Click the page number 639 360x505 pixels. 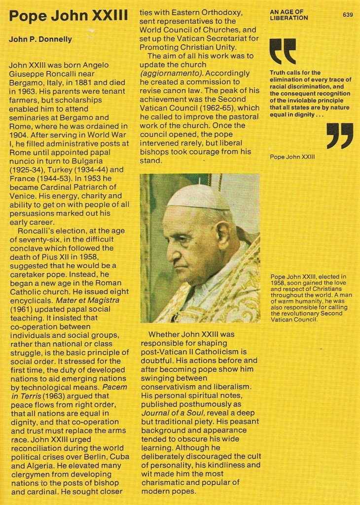[348, 14]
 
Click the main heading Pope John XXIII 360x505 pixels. [68, 16]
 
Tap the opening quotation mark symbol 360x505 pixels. [283, 51]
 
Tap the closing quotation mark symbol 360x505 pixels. [340, 136]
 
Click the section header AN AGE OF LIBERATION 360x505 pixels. [289, 14]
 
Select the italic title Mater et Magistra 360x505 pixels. [87, 299]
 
